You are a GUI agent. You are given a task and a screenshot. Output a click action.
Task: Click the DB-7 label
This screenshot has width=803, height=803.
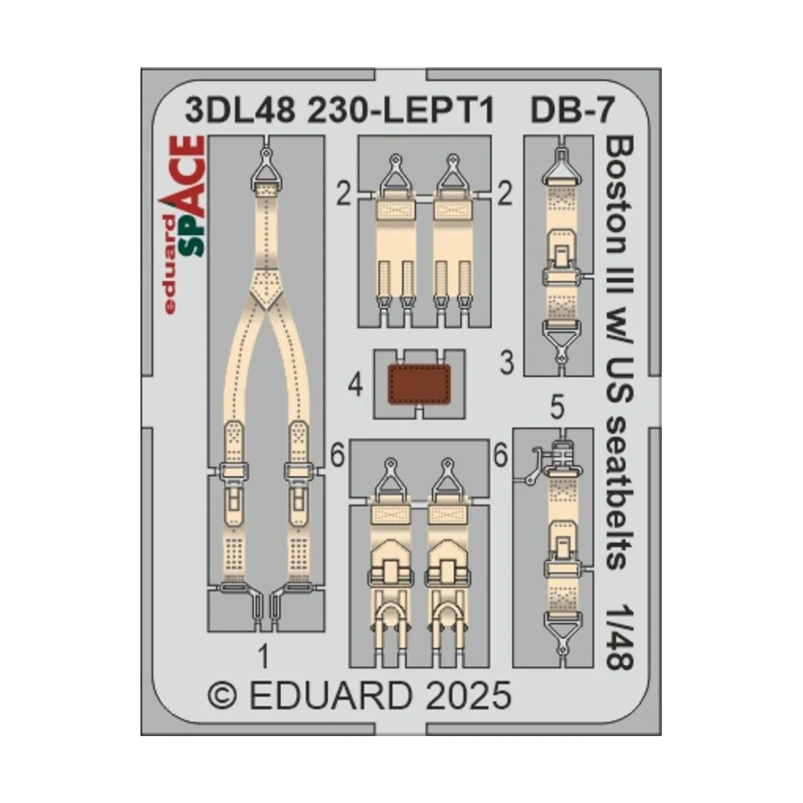click(571, 111)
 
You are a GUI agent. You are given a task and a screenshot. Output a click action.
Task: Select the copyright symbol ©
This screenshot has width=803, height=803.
click(222, 696)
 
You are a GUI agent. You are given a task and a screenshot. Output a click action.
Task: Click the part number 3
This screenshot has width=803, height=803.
click(507, 365)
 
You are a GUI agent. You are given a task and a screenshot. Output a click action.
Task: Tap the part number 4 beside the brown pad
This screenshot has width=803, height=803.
click(356, 385)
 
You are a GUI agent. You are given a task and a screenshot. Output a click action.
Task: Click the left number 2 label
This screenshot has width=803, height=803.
click(344, 196)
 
